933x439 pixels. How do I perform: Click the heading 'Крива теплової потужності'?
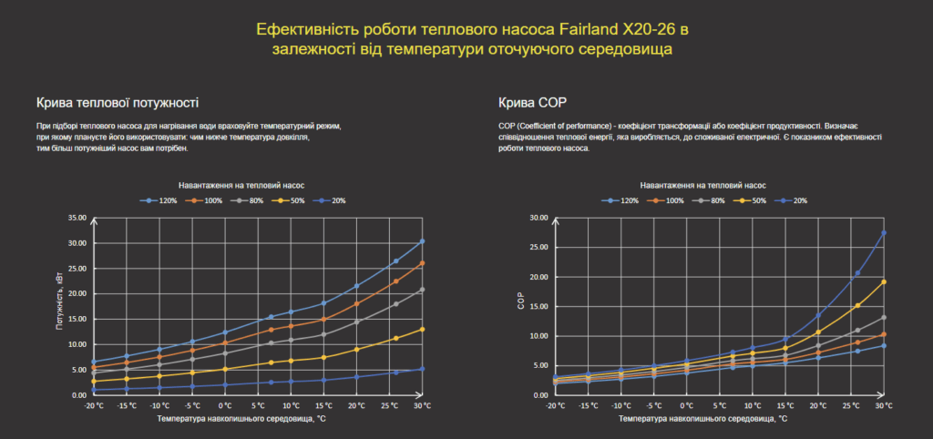click(x=118, y=102)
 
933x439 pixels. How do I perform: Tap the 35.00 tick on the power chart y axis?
click(x=77, y=218)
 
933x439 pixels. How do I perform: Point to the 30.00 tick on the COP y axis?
click(x=538, y=218)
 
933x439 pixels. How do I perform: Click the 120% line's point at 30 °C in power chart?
click(x=422, y=241)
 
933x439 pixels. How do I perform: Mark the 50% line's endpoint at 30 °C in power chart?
click(x=422, y=329)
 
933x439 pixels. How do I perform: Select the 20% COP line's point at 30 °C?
click(x=884, y=233)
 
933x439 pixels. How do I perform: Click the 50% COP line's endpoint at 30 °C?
click(x=884, y=281)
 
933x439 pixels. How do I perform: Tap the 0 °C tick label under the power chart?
click(x=224, y=404)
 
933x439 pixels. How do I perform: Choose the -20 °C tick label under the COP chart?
click(x=554, y=404)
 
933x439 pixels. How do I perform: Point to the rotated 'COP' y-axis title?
click(x=520, y=304)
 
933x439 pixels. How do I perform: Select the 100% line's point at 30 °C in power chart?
click(x=422, y=263)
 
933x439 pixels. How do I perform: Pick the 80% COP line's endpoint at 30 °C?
click(x=884, y=318)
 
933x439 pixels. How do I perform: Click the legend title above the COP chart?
click(x=702, y=184)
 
